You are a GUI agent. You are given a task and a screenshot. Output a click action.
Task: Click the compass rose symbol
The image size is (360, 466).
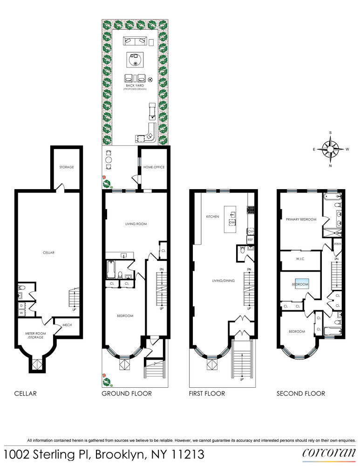[x=331, y=149]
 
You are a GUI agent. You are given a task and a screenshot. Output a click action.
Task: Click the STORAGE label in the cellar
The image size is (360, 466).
[x=66, y=167]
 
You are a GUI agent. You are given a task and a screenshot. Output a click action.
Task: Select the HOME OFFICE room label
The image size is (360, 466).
[x=154, y=167]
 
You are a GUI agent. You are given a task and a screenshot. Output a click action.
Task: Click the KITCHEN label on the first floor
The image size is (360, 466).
[x=212, y=217]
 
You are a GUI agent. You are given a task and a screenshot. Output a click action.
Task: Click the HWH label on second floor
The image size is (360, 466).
[x=338, y=244]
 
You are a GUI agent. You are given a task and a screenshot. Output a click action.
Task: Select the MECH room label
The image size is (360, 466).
[x=67, y=325]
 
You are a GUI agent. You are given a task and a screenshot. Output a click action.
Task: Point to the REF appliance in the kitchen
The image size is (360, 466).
[x=250, y=240]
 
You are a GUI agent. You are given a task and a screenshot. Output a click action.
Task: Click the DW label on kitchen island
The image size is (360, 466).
[x=231, y=223]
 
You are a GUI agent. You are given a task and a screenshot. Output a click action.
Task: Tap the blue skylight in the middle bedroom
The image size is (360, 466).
[x=300, y=283]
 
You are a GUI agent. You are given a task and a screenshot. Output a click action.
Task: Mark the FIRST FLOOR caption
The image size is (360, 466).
[x=207, y=393]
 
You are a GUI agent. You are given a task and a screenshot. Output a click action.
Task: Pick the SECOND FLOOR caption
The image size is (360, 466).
[x=301, y=393]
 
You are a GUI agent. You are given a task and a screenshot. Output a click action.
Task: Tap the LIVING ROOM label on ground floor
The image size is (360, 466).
[x=136, y=224]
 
